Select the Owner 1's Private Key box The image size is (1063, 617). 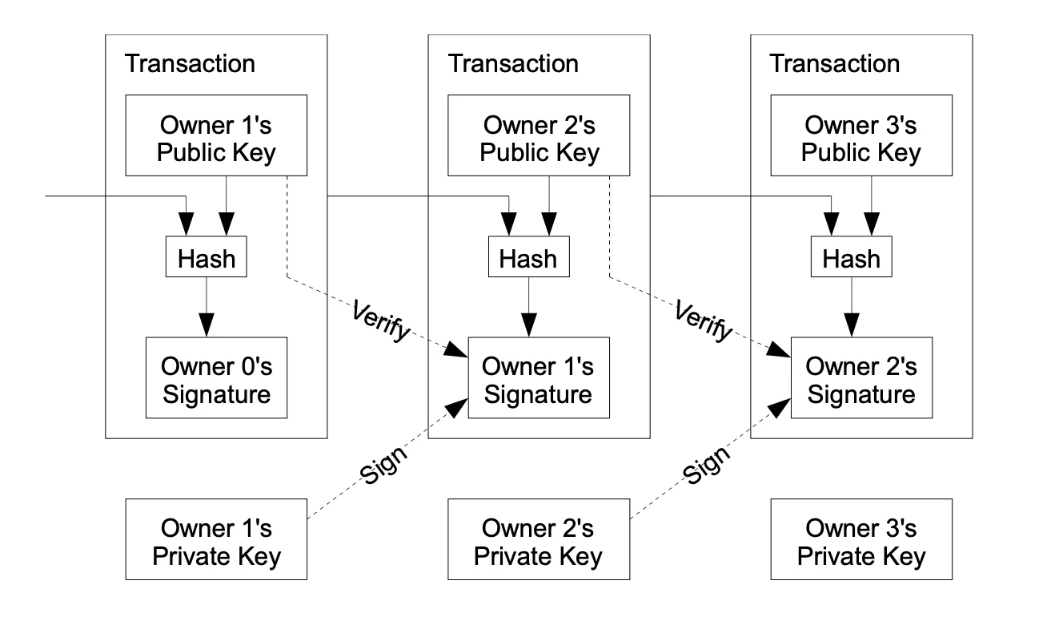pos(216,539)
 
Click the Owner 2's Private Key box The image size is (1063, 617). pos(539,539)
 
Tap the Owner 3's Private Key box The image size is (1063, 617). pos(861,539)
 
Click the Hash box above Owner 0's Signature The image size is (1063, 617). pos(207,258)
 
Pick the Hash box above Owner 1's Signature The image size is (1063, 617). pos(529,258)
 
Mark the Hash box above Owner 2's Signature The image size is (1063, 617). pos(852,258)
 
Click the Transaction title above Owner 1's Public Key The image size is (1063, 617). pos(190,63)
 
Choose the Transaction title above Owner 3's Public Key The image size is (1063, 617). pos(834,63)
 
